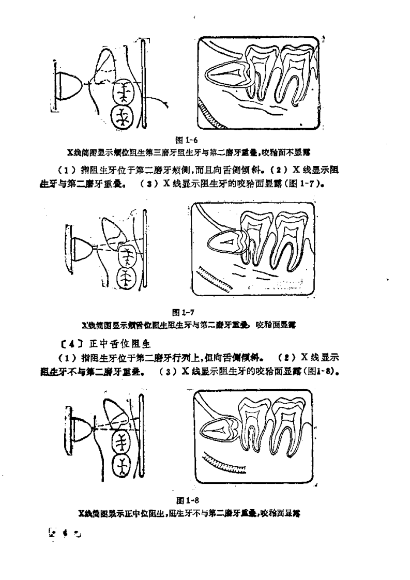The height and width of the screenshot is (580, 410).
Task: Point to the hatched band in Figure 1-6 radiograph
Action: (x=212, y=117)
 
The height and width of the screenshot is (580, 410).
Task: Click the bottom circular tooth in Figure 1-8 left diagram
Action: (x=122, y=466)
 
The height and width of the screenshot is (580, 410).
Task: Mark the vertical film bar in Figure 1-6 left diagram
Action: (x=144, y=85)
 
